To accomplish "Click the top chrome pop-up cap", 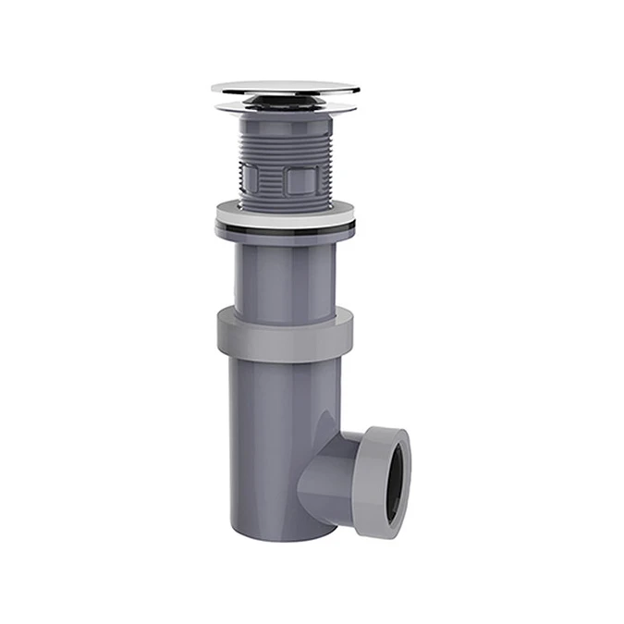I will point(285,88).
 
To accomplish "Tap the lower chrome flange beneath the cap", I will point(285,108).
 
